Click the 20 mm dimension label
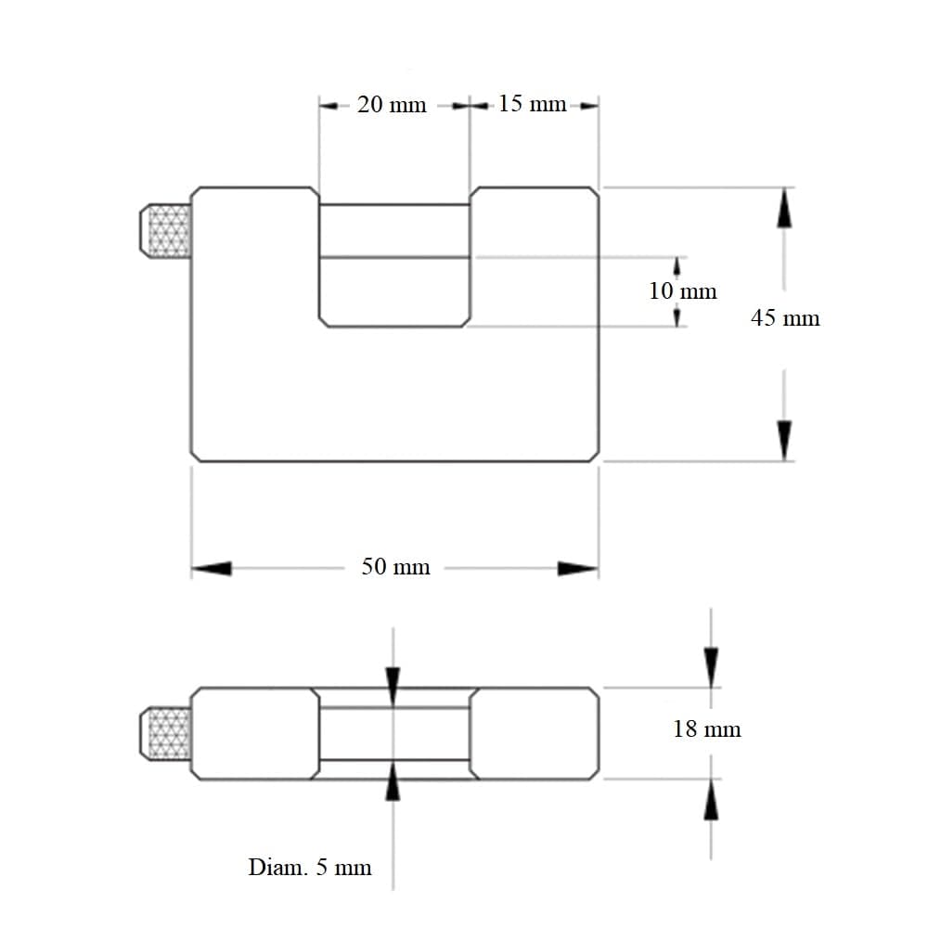click(x=392, y=105)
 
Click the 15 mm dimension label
click(x=532, y=104)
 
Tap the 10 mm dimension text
click(x=682, y=290)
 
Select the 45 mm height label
click(x=785, y=317)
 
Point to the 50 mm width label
click(x=395, y=567)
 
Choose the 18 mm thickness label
click(x=706, y=729)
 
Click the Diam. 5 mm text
click(x=310, y=868)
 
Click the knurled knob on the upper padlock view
click(x=165, y=231)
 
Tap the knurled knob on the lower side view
click(x=165, y=733)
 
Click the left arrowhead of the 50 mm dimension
click(x=212, y=568)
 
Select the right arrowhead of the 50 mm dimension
click(x=578, y=568)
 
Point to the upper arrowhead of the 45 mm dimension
click(x=784, y=207)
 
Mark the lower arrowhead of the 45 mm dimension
click(x=784, y=441)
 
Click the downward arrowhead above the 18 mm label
click(x=711, y=667)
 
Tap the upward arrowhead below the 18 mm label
click(x=711, y=800)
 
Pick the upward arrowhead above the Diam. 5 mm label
click(x=393, y=780)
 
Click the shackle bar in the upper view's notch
click(x=394, y=231)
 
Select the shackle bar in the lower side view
click(x=394, y=734)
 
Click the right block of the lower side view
click(x=535, y=734)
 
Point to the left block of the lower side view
click(x=255, y=734)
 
